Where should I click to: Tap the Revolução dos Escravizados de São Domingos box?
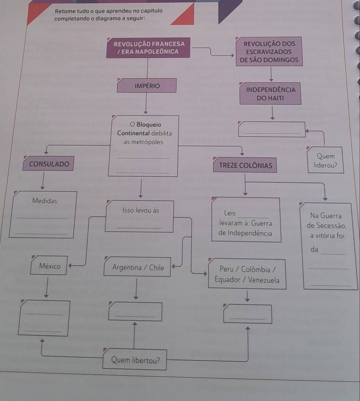[269, 52]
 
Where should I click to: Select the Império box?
[147, 86]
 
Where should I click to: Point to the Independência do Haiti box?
[271, 94]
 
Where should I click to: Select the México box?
[50, 266]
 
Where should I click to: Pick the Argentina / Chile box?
[138, 268]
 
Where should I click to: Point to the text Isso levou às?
[141, 210]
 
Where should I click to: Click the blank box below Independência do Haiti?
[271, 129]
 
